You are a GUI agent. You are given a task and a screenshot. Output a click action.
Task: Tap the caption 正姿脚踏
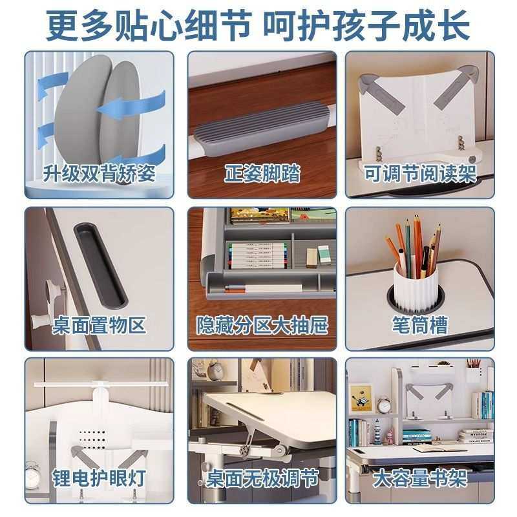coord(262,173)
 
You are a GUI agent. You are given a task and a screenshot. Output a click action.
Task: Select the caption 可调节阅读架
coord(420,173)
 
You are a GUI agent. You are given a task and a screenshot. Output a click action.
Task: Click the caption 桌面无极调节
coord(262,479)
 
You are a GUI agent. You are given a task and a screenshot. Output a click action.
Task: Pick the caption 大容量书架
coord(420,479)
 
